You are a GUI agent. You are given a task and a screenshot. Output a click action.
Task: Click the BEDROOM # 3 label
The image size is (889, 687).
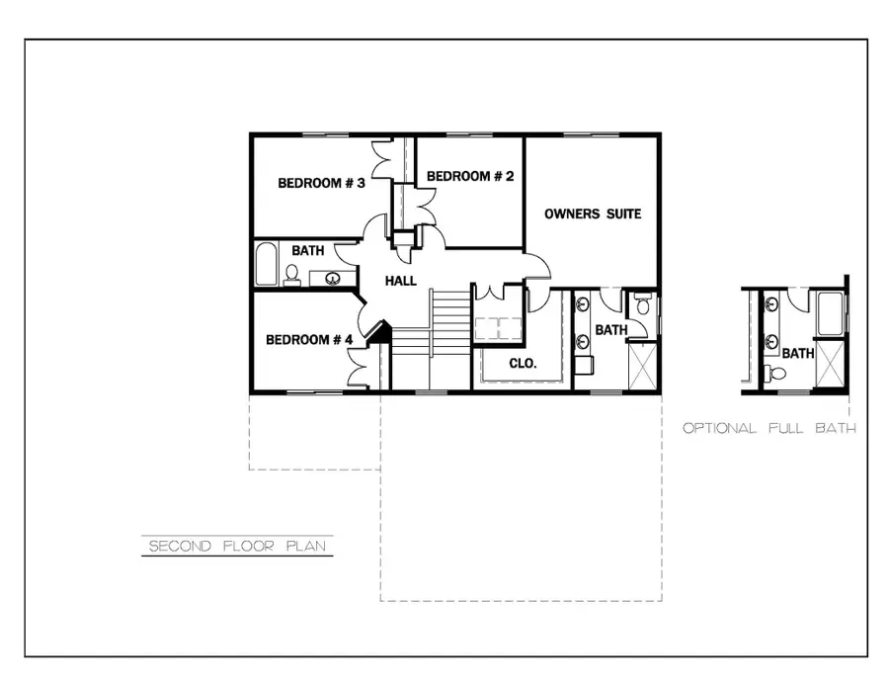point(321,183)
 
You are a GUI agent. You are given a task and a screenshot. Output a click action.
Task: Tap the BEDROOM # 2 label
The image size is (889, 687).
point(470,176)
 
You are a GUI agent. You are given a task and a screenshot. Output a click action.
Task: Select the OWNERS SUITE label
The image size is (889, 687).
point(593,214)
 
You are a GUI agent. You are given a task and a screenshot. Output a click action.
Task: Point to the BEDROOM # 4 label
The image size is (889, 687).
point(309,340)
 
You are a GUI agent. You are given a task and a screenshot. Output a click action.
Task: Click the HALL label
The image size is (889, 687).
point(401,282)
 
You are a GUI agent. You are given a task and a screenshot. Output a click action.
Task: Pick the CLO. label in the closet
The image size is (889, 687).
point(523,363)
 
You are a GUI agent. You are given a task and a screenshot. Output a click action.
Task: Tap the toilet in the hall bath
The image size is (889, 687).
point(292,274)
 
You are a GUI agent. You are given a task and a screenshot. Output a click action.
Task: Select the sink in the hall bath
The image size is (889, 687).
point(335,278)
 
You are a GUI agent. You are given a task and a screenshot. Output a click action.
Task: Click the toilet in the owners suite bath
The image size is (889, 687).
point(643,307)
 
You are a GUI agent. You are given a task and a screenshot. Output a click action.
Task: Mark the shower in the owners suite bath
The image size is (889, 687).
point(642,366)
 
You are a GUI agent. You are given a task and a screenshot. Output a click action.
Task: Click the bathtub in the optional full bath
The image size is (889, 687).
point(829,316)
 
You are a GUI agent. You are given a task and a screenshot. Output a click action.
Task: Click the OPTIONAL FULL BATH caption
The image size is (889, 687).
point(768,429)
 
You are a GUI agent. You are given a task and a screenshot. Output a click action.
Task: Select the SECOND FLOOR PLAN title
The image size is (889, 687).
point(236,546)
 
